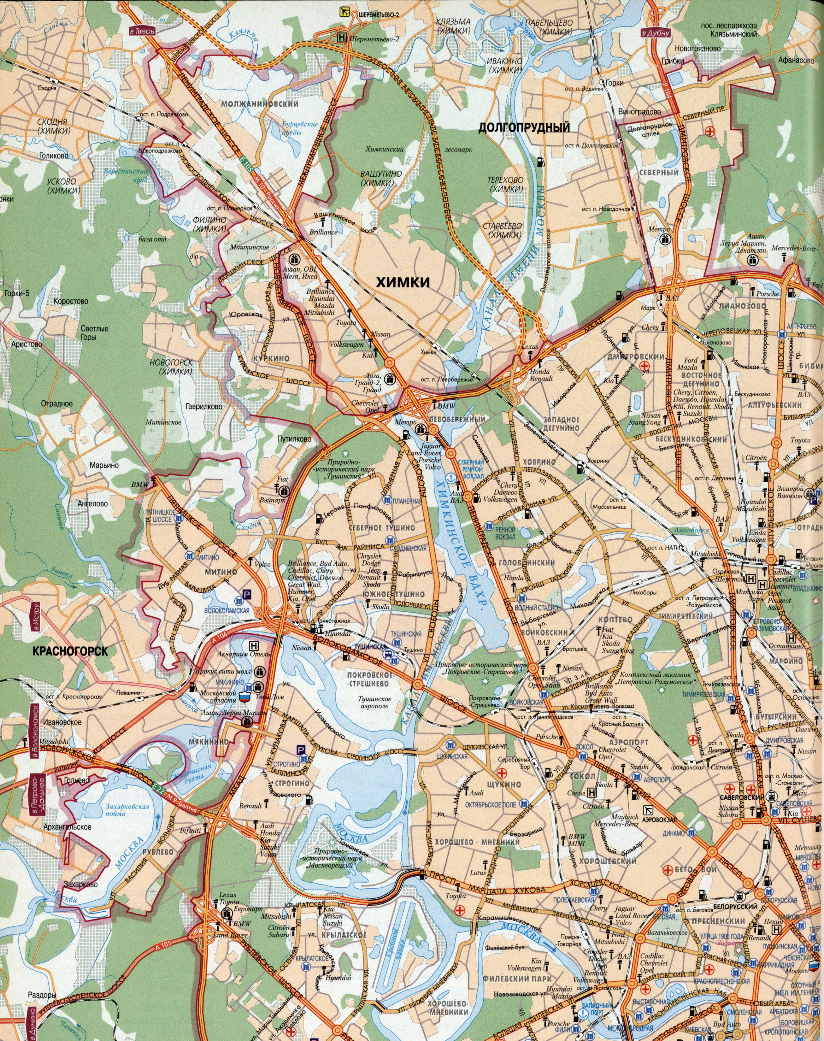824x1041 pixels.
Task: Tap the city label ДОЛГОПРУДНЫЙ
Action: click(x=524, y=127)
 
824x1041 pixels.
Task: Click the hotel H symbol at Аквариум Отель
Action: click(x=253, y=645)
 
